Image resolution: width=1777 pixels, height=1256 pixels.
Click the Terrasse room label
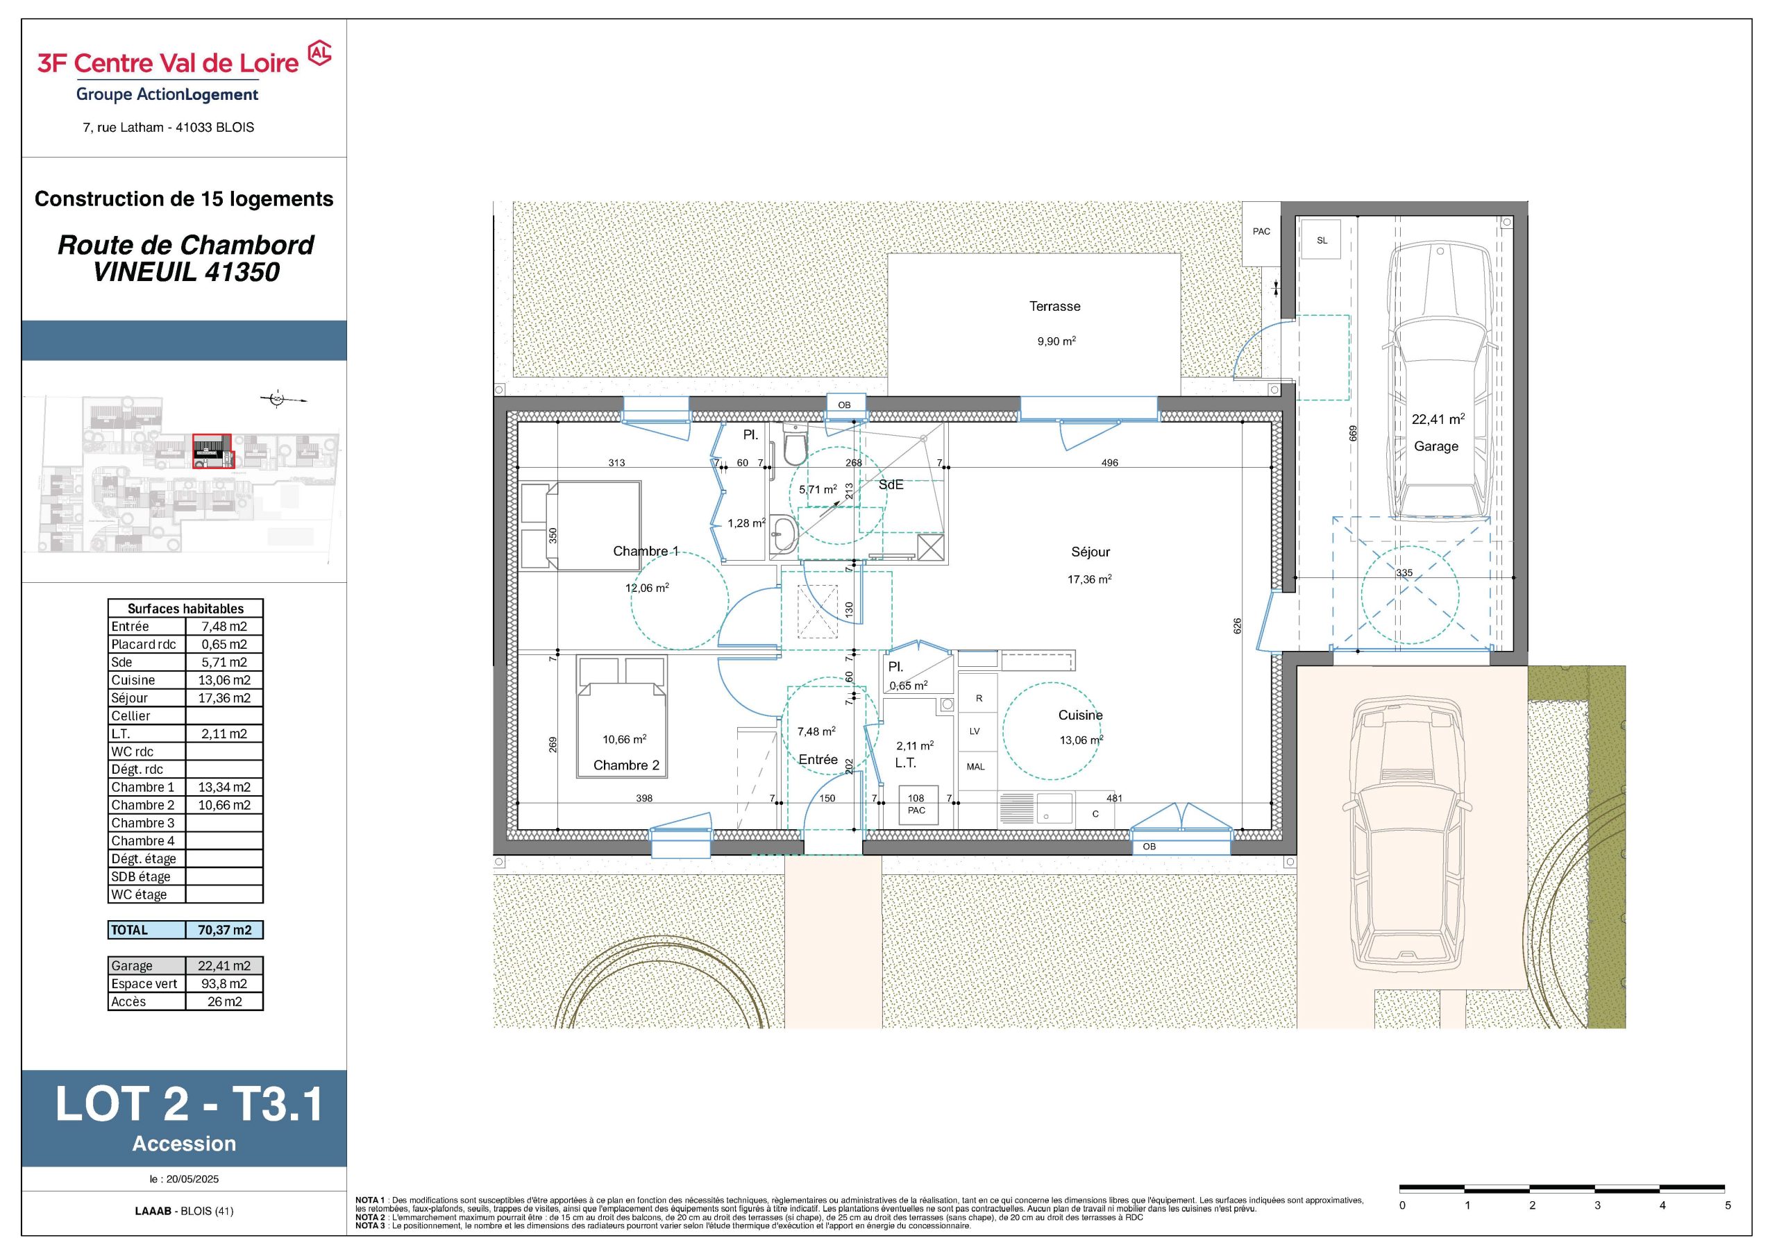[1054, 307]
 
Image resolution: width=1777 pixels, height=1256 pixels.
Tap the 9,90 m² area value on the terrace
[1056, 341]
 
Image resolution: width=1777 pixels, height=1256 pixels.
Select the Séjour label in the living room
[1090, 552]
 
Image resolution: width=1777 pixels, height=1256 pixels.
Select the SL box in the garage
[1322, 241]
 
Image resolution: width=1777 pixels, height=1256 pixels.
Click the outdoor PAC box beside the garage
[1261, 232]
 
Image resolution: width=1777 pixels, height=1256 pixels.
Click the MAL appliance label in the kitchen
[975, 767]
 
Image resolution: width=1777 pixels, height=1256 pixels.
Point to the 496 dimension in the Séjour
[1109, 463]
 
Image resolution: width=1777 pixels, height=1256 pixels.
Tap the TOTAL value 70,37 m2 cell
[224, 930]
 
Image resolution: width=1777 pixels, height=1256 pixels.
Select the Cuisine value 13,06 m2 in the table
[224, 680]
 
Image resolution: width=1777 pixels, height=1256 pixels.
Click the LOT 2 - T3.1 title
[189, 1104]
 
